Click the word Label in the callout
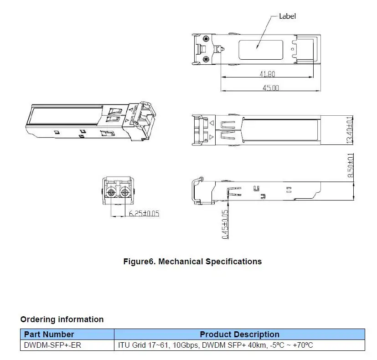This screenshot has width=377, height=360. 287,16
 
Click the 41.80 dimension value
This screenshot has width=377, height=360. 267,74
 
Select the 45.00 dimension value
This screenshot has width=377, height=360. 271,87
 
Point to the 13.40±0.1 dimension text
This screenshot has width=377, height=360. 350,130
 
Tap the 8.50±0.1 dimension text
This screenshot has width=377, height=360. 351,165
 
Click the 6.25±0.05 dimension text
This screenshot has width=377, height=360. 144,213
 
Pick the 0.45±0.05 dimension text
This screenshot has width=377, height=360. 225,225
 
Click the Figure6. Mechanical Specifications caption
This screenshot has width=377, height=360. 192,262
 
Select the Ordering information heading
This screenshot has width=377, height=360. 62,319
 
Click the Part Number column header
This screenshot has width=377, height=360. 49,334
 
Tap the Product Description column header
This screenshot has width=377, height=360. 239,334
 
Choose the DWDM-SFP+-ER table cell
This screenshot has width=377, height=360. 52,345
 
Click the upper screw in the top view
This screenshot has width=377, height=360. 206,39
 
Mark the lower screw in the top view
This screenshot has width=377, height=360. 206,59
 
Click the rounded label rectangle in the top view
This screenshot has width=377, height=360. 261,41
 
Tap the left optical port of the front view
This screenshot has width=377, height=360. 111,192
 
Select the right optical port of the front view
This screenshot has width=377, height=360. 124,192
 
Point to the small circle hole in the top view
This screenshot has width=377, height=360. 292,49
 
